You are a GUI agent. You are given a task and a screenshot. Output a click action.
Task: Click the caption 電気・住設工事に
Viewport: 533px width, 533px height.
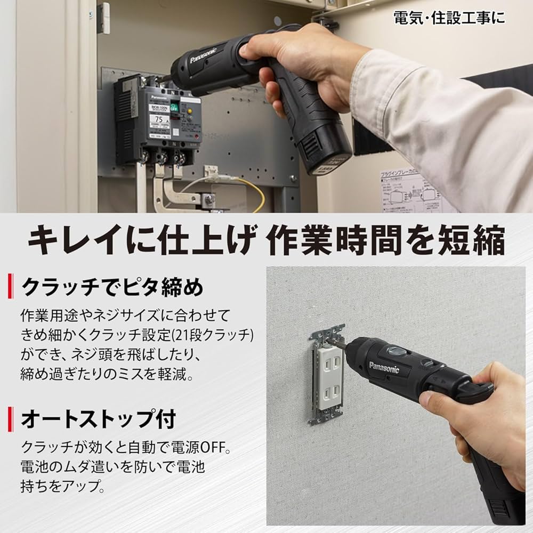click(449, 18)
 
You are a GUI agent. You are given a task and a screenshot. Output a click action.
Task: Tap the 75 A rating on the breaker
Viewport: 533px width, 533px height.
click(159, 119)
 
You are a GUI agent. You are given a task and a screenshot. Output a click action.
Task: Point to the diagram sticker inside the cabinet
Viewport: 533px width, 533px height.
click(410, 190)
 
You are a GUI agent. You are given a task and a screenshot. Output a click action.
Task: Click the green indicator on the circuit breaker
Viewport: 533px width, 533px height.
click(188, 107)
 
